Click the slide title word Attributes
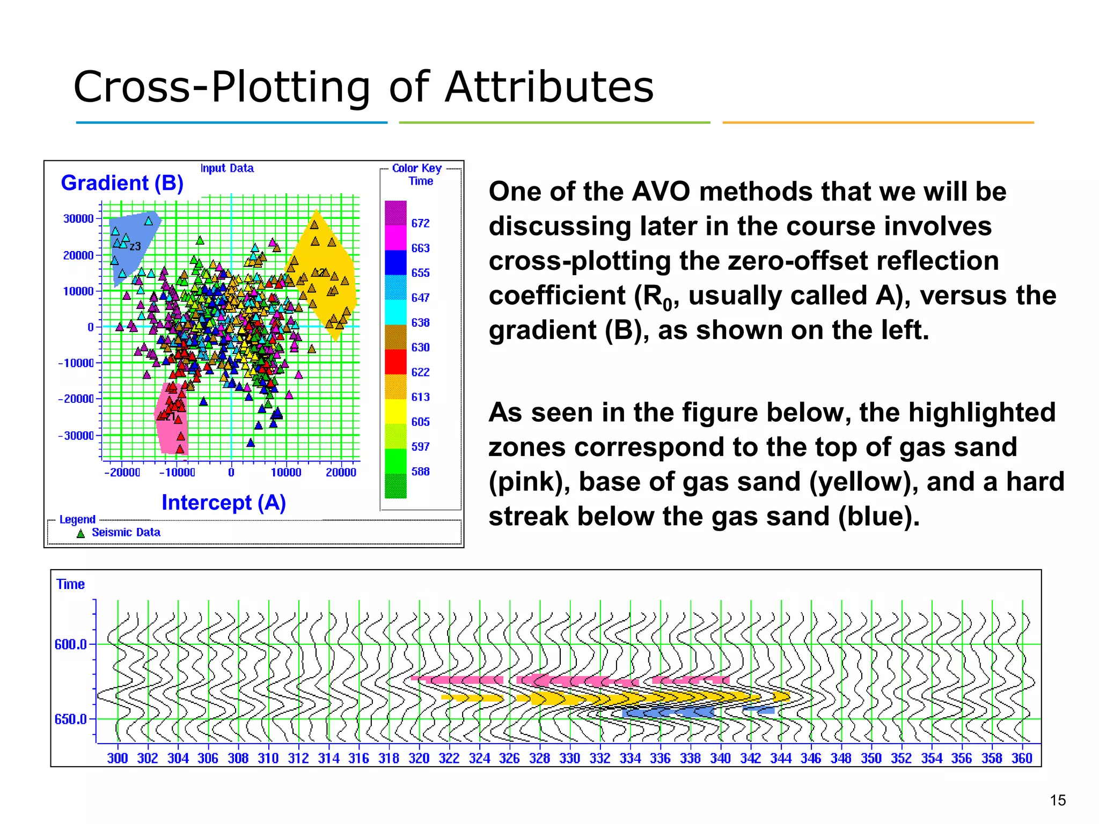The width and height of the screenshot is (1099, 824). coord(549,87)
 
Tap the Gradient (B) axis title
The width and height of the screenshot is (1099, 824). coord(122,183)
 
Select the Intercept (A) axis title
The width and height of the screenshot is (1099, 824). coord(223,503)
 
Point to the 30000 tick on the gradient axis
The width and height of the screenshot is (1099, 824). coord(78,219)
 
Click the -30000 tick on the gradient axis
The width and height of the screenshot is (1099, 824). coord(76,436)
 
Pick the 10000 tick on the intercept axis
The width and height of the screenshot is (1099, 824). coord(285,473)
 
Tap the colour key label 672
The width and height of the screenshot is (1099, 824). coord(420,223)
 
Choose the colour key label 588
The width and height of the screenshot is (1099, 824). coord(420,472)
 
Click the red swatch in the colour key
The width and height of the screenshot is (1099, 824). coord(395,362)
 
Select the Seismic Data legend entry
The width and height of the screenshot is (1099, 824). coord(126,532)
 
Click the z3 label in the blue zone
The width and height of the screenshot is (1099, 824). coord(135,246)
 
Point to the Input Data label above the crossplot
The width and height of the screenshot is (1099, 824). coord(227,168)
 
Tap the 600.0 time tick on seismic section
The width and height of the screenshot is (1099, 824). coord(70,644)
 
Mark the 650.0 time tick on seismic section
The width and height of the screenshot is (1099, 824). coord(70,719)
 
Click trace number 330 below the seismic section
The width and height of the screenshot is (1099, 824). coord(569,758)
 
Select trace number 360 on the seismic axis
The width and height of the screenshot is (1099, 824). coord(1021,758)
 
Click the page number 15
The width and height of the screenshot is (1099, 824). coord(1057,800)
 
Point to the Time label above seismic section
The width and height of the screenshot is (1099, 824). coord(70,584)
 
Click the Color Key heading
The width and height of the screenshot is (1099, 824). coord(416,168)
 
